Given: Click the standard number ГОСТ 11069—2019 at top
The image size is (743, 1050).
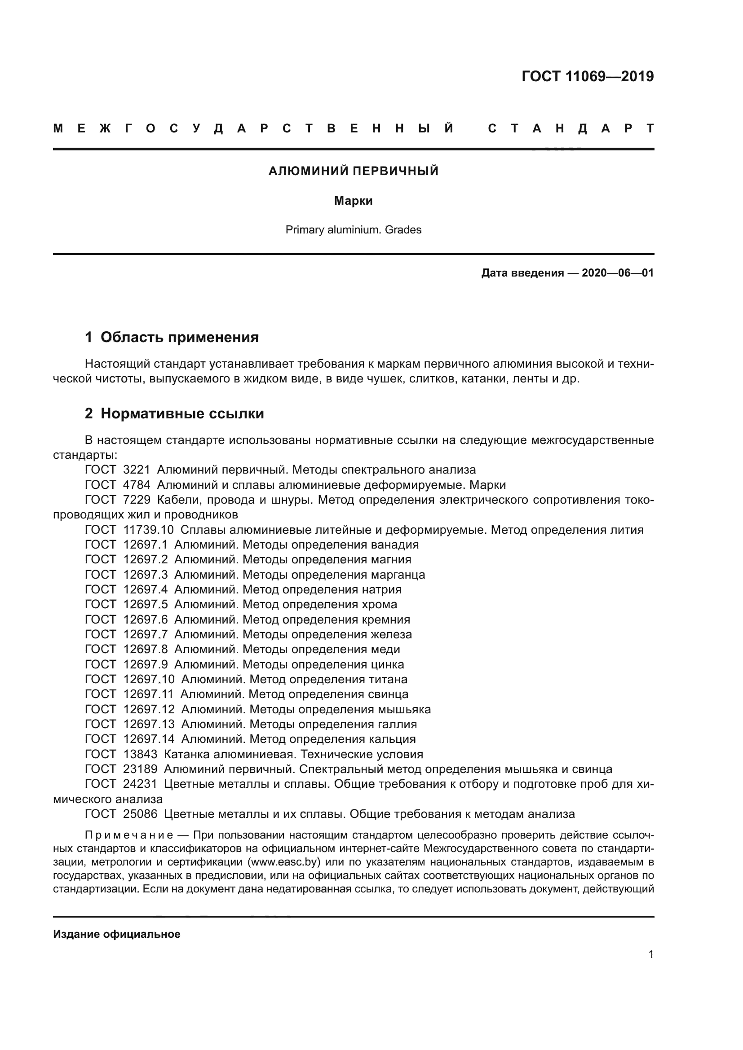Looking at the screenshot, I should pos(588,76).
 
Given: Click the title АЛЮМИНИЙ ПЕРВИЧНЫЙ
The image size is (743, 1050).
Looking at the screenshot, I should pos(353,171).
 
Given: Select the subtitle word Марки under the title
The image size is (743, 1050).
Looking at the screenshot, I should pos(353,201).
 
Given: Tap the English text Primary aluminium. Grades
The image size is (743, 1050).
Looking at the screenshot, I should pos(353,229).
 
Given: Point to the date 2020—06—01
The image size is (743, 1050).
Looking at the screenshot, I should pos(617,273).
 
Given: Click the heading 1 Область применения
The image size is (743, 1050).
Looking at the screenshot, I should pos(172,337).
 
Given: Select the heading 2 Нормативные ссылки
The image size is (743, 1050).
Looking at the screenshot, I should pos(174,413).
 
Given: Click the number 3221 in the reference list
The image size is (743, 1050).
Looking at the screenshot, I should pos(137,470).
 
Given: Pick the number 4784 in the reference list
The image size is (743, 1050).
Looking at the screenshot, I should pos(137,485).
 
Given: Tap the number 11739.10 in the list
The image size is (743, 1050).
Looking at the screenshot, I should pos(148,530).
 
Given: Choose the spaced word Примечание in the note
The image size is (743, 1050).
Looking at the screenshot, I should pos(129,835).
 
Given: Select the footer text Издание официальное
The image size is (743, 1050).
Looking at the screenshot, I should pos(117,934).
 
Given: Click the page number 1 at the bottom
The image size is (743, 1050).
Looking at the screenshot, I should pos(651,954).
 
